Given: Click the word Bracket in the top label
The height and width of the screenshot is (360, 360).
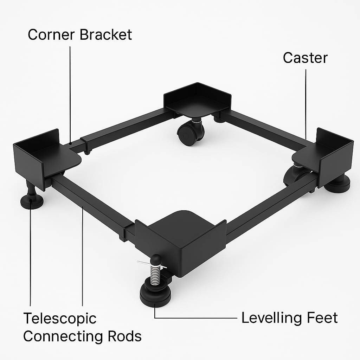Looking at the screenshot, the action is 106,35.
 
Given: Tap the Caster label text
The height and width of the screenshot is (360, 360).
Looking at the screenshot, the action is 305,58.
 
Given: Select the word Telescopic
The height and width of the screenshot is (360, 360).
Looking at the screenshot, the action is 59,319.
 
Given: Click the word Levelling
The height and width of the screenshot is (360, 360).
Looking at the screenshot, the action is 270,318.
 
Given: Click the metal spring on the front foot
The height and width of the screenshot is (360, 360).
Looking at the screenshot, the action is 155,275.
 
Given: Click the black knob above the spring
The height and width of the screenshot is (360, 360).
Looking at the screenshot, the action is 156,260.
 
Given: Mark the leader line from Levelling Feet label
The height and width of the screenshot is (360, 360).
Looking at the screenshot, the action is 197,318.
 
